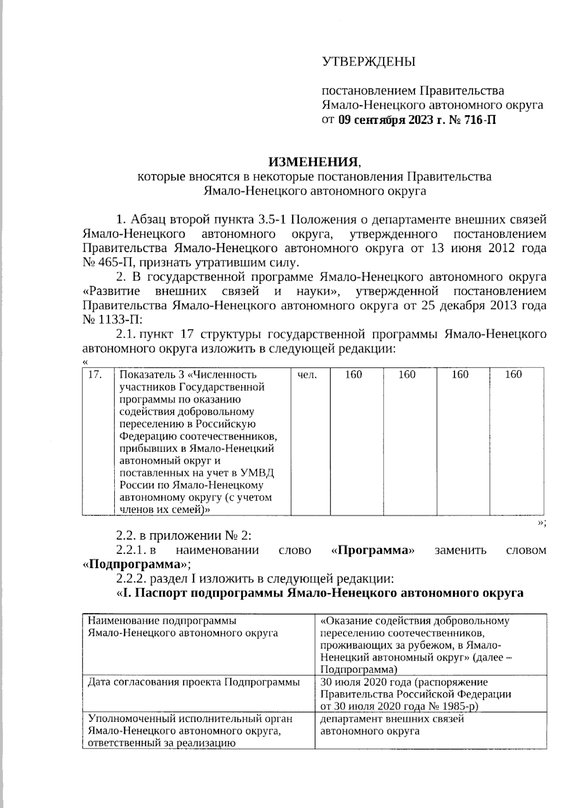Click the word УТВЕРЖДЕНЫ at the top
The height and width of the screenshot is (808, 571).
coord(368,62)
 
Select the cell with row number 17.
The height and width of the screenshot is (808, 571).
coord(96,375)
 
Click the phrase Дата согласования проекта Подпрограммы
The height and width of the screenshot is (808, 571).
coord(194,682)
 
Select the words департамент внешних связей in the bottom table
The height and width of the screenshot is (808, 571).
coord(392,719)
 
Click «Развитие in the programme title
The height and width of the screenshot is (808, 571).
coord(111,291)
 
